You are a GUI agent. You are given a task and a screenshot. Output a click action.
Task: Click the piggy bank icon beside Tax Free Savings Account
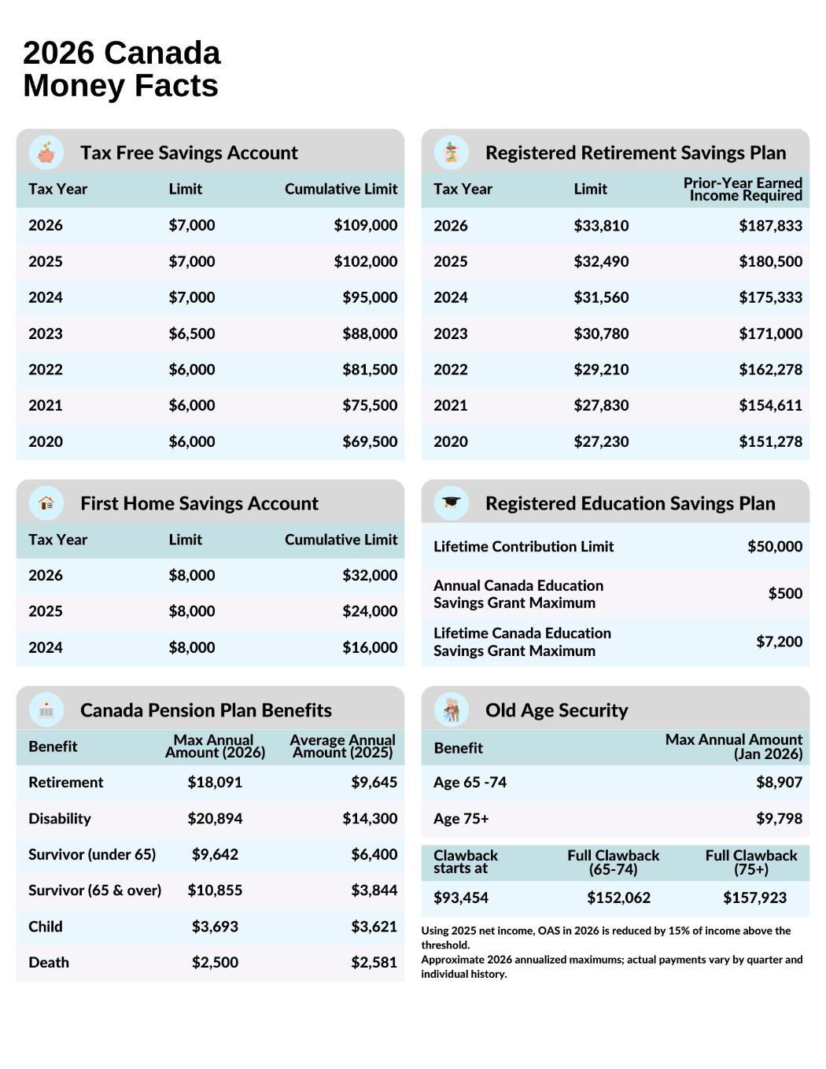(x=46, y=153)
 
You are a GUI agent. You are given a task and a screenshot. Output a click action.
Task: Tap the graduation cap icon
(x=452, y=503)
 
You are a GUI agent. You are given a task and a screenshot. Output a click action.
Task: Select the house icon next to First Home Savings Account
(x=46, y=503)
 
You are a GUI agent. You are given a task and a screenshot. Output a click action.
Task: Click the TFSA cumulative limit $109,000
(x=365, y=226)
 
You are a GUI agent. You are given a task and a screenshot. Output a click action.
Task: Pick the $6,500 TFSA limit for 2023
(x=191, y=334)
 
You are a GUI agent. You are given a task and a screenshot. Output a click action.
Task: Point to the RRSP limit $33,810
(x=601, y=226)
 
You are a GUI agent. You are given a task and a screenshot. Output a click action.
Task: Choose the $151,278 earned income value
(x=770, y=442)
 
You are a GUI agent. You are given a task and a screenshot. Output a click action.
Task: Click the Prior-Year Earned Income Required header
(x=743, y=190)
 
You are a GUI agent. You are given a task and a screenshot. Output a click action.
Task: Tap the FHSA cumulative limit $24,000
(x=370, y=611)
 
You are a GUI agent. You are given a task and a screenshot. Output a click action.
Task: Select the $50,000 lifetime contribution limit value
(x=774, y=547)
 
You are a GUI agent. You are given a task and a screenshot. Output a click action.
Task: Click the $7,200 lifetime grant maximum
(x=779, y=642)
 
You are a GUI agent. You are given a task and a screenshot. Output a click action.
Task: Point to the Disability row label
(x=60, y=819)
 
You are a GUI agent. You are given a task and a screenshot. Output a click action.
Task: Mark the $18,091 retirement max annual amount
(x=215, y=783)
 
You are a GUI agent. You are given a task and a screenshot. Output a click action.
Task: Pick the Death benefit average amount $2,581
(x=374, y=963)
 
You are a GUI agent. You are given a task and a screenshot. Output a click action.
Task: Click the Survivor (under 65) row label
(x=92, y=854)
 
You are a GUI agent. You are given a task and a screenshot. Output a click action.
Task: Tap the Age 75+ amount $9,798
(x=779, y=819)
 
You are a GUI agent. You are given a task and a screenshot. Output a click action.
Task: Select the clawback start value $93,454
(x=461, y=898)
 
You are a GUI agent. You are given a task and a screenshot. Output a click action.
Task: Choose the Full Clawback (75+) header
(x=750, y=862)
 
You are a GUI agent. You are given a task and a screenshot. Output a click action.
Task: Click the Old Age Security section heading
(x=556, y=710)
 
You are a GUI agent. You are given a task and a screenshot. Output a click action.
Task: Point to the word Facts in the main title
(x=176, y=86)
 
